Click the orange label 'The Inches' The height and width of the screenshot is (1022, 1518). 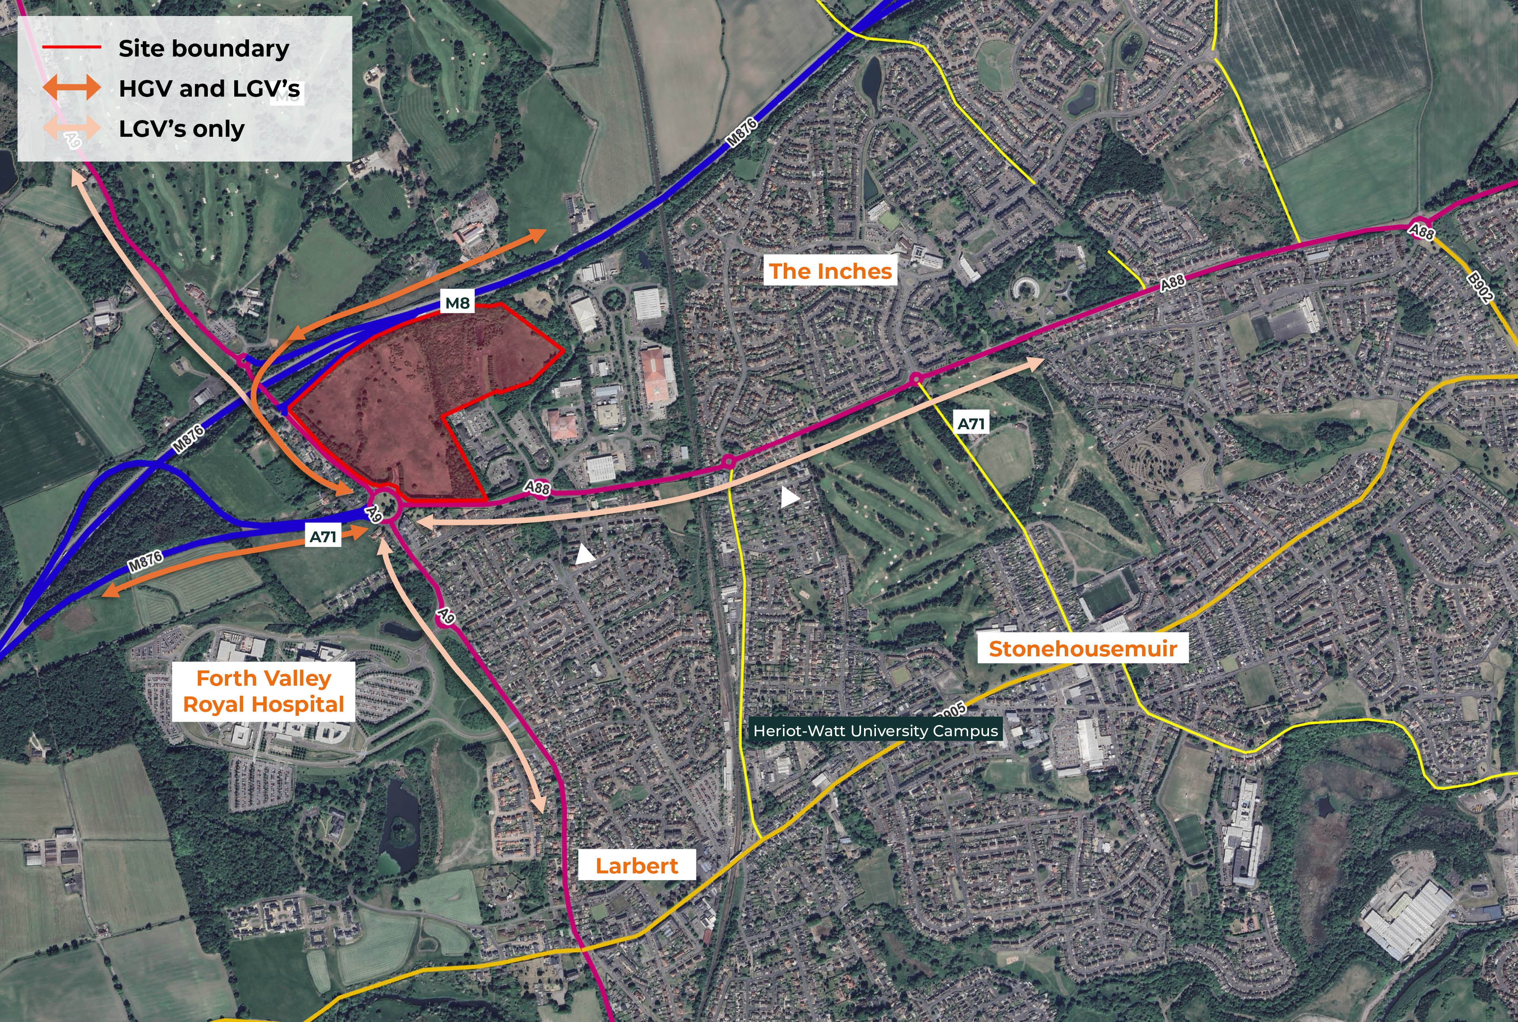(830, 271)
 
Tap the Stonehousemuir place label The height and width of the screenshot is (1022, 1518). (1082, 649)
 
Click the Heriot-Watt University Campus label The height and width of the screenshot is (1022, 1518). (875, 731)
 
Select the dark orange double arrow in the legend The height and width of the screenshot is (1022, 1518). (72, 88)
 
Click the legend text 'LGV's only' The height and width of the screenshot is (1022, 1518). (181, 129)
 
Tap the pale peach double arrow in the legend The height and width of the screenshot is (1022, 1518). (72, 129)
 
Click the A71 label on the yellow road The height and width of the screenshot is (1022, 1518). (971, 424)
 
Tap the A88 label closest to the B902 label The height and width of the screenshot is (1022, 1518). (1421, 231)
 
